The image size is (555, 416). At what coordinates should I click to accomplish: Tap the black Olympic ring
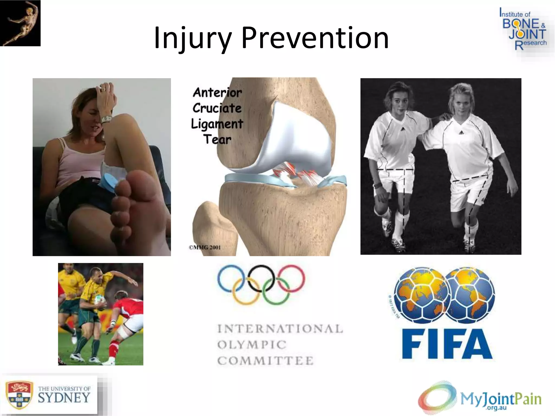tap(261, 278)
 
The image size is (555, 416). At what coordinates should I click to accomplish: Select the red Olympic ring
tap(292, 278)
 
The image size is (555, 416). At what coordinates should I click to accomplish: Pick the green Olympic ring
tap(276, 291)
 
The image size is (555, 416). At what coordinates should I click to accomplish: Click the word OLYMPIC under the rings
tap(252, 345)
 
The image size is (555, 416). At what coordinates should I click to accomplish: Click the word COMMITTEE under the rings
tap(265, 361)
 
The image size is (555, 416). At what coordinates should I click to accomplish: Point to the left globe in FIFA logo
tap(419, 294)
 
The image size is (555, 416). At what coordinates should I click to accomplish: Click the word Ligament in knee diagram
tap(217, 124)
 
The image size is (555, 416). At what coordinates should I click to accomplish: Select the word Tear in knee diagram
tap(217, 140)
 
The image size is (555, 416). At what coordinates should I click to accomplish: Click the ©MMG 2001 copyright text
tap(205, 247)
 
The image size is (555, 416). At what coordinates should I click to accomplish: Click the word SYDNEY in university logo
tap(64, 398)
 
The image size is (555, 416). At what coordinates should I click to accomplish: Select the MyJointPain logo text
tap(501, 399)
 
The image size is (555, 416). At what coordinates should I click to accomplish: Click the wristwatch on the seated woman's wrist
tap(107, 119)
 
